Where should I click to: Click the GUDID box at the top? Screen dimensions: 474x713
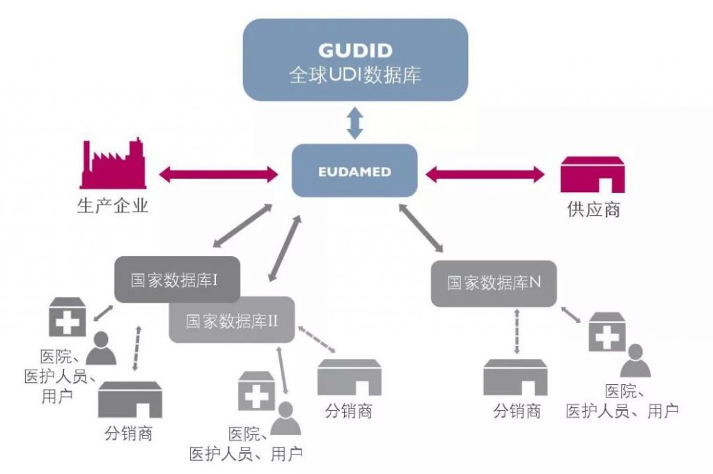(x=355, y=59)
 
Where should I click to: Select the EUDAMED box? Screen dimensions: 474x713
(x=354, y=171)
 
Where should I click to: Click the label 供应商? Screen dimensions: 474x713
(x=593, y=210)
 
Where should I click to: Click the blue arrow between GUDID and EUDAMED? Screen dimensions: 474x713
(x=355, y=123)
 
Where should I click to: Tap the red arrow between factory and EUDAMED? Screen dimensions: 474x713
(x=219, y=174)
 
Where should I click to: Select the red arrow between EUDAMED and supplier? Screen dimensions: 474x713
(x=485, y=174)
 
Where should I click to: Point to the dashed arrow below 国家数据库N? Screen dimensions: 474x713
(x=516, y=332)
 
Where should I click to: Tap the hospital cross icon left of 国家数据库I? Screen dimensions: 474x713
(x=67, y=317)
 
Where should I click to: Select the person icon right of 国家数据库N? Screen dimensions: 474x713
(x=634, y=361)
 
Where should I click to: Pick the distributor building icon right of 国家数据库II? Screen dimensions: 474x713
(x=349, y=378)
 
